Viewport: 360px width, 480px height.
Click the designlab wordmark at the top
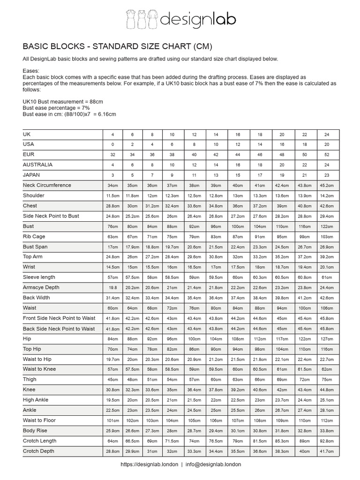pyautogui.click(x=198, y=19)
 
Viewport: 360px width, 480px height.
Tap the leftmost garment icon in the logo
pyautogui.click(x=131, y=19)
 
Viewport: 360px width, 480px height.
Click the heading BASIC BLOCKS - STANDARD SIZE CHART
pyautogui.click(x=118, y=46)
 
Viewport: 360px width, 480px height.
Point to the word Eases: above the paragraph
pyautogui.click(x=32, y=71)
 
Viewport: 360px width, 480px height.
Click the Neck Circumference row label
pyautogui.click(x=47, y=185)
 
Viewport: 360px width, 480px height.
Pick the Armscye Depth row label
pyautogui.click(x=41, y=287)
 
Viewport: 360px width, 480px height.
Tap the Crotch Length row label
pyautogui.click(x=40, y=441)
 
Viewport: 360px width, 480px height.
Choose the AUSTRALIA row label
pyautogui.click(x=37, y=165)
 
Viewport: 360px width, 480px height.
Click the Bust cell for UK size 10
pyautogui.click(x=172, y=226)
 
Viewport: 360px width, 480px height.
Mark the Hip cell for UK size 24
pyautogui.click(x=328, y=339)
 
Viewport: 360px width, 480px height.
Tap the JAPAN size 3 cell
pyautogui.click(x=113, y=175)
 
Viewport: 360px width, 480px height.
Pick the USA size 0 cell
pyautogui.click(x=113, y=144)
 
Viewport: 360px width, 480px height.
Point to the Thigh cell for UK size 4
pyautogui.click(x=113, y=380)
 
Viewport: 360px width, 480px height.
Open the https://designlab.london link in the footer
pyautogui.click(x=149, y=464)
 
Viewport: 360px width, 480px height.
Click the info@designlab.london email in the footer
pyautogui.click(x=213, y=464)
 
